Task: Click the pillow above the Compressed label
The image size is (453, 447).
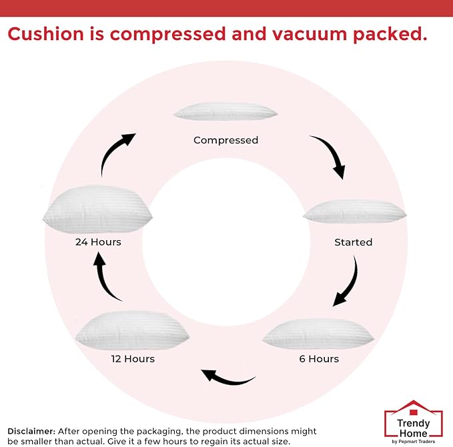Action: pos(225,112)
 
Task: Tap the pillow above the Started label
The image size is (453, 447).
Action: pos(354,212)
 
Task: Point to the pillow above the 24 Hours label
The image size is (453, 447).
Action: pos(97,209)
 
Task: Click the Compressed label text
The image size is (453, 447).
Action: pos(225,140)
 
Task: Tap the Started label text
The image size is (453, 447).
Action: pos(353,242)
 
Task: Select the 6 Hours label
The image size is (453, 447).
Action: pos(318,359)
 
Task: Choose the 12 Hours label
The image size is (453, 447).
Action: pos(132,359)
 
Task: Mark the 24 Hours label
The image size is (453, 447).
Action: pos(98,242)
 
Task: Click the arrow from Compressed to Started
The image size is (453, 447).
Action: pos(330,155)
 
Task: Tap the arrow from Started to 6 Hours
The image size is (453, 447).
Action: pos(347,283)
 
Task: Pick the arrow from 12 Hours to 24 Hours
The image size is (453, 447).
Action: pos(105,277)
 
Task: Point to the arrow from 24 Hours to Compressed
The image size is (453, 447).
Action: pos(116,152)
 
